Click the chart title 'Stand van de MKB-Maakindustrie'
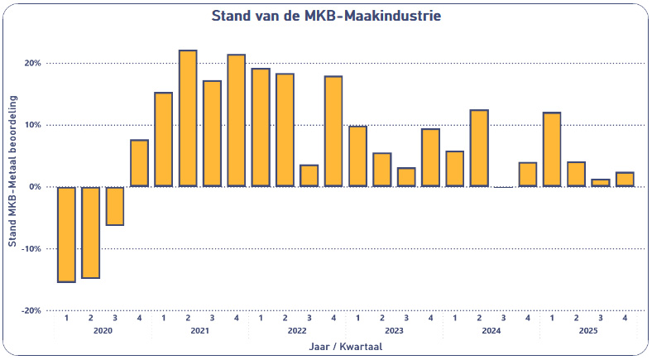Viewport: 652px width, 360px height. tap(326, 16)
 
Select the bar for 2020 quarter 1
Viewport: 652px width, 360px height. tap(66, 234)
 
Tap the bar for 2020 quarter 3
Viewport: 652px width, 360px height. tap(115, 205)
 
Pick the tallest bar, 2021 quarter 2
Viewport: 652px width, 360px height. tap(188, 118)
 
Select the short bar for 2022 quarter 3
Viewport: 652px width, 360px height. tap(309, 175)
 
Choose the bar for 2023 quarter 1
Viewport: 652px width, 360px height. tap(357, 156)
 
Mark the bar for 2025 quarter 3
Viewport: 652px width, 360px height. tap(600, 183)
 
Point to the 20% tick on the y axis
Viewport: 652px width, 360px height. tap(32, 63)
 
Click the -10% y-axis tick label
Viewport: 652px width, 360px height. tap(31, 248)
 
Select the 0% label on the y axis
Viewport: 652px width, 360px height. tap(36, 187)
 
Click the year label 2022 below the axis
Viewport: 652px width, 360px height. tap(297, 331)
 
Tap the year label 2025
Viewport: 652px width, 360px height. tap(587, 331)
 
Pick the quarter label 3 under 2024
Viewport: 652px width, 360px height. tap(503, 318)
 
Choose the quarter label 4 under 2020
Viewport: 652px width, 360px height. tap(139, 318)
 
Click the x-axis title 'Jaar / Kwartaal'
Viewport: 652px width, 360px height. tap(346, 348)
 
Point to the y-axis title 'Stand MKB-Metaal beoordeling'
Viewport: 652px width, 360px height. tap(12, 187)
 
